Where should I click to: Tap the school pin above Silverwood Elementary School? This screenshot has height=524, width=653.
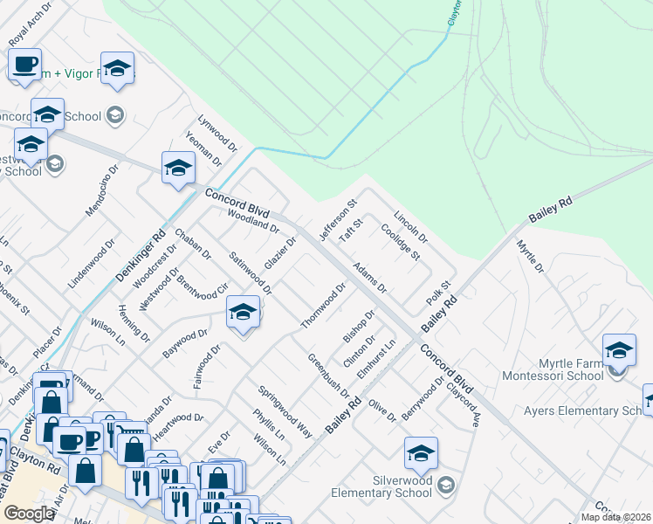coord(420,453)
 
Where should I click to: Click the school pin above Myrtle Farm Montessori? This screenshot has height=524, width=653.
coord(619,350)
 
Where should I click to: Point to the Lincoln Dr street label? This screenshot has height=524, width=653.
coord(410,226)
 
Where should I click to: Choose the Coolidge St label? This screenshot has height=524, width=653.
coord(401,243)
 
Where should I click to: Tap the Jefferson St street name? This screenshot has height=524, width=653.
coord(339,222)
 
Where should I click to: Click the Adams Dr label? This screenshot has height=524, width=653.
coord(369,275)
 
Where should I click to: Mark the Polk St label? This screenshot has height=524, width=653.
coord(437,292)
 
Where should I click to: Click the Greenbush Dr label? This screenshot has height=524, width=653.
coord(327,375)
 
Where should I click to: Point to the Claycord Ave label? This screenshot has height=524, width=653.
coord(464,405)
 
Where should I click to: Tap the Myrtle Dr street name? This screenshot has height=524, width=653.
coord(530,256)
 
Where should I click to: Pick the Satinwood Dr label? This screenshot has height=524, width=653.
coord(250,272)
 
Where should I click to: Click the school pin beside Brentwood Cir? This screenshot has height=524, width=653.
coord(243,312)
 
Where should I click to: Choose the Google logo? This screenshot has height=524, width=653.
coord(29,513)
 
